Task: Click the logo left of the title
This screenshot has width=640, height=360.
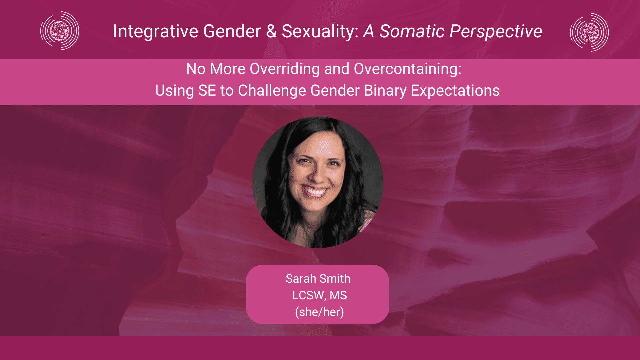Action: pos(60,31)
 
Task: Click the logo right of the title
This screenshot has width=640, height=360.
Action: pos(589,32)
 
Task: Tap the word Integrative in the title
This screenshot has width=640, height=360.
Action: pos(156,32)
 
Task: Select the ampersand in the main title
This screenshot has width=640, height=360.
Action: pos(271,31)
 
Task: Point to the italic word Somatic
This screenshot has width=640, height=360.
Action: pos(412,31)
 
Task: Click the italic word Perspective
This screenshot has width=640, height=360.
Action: pos(496,32)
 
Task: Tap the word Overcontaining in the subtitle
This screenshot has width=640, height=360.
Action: pos(408,69)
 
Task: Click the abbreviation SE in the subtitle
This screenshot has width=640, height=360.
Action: pos(207,91)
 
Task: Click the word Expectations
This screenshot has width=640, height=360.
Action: pos(455,91)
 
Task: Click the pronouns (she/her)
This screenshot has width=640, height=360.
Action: pos(319,312)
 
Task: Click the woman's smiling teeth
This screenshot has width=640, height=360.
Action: pos(315,191)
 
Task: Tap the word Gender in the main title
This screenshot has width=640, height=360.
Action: pos(232,31)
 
